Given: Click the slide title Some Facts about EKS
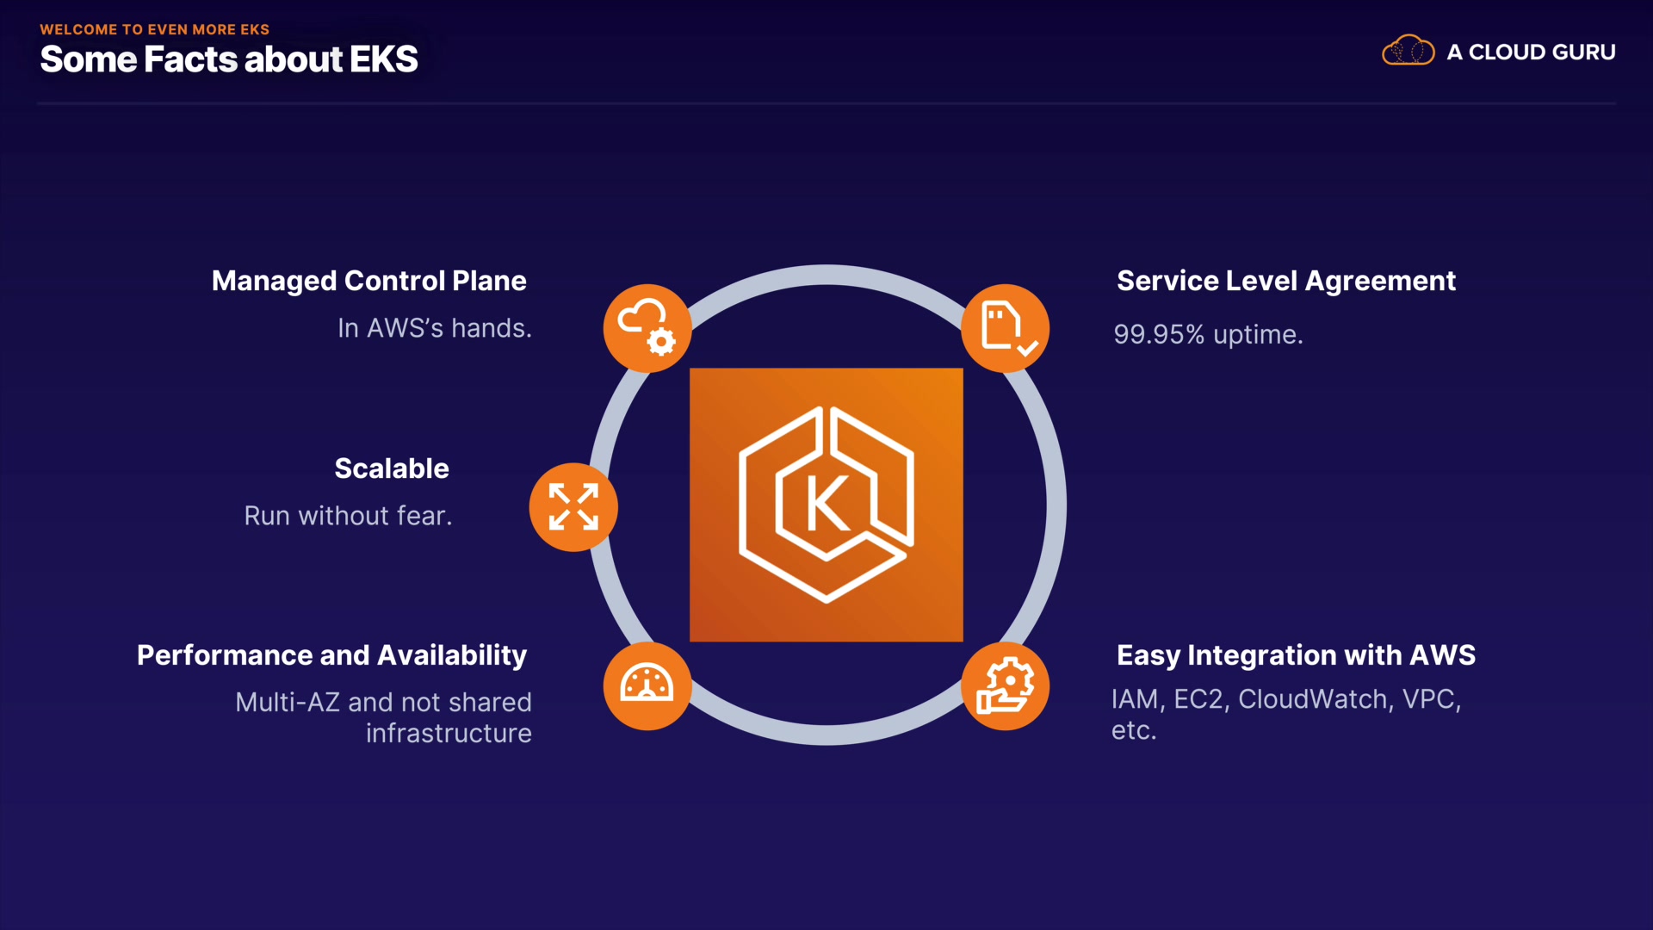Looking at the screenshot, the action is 229,59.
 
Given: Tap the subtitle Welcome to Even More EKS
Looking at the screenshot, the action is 155,29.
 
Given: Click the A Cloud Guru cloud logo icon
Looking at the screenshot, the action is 1408,51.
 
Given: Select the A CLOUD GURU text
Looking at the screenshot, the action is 1531,53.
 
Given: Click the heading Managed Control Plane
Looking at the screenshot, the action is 368,281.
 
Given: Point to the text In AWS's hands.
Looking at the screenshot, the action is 435,328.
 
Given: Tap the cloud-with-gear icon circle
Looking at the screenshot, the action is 647,328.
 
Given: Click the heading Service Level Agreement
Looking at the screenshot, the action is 1286,281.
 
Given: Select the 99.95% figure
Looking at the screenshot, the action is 1159,334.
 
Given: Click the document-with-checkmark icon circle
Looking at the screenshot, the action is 1005,328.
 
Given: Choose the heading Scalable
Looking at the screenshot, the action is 392,468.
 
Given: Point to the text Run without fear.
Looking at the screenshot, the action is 348,516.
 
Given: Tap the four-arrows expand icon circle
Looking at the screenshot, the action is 573,506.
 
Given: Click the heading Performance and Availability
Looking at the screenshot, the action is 331,655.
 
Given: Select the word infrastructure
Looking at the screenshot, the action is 449,734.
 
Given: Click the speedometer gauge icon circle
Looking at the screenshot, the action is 647,685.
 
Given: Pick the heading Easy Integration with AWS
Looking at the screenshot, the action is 1296,655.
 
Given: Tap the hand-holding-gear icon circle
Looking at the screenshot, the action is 1005,685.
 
